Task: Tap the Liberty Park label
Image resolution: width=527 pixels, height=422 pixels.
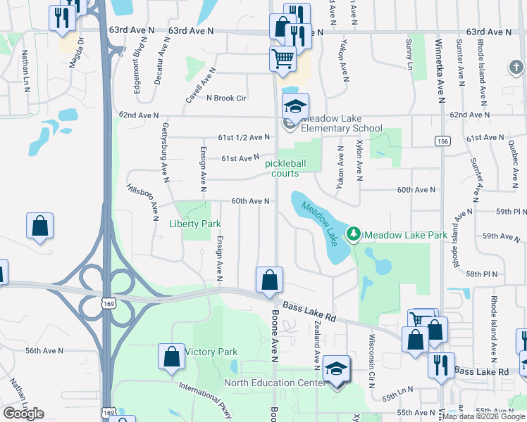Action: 195,224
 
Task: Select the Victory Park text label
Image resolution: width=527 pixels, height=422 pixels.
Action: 211,352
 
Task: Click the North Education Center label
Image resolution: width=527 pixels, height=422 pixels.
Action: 273,383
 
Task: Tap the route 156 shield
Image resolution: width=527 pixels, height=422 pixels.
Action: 442,141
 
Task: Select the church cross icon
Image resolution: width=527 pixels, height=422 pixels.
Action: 516,68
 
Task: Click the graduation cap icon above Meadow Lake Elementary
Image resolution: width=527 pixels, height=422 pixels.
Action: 296,105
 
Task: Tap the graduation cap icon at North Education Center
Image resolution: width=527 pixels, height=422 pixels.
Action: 337,370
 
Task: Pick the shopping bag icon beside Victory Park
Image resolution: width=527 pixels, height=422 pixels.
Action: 171,356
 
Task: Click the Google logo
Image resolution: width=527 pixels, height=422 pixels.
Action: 24,414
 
